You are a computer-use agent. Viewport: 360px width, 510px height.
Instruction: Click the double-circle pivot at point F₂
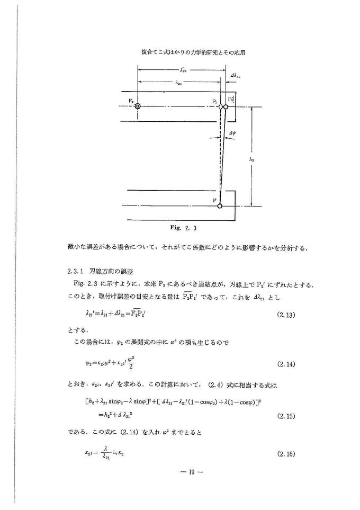[x=138, y=106]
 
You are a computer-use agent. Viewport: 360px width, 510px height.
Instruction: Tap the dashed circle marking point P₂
[x=220, y=106]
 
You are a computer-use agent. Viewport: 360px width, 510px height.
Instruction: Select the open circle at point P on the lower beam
[x=220, y=205]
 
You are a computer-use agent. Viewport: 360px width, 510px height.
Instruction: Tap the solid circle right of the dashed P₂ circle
[x=226, y=106]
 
